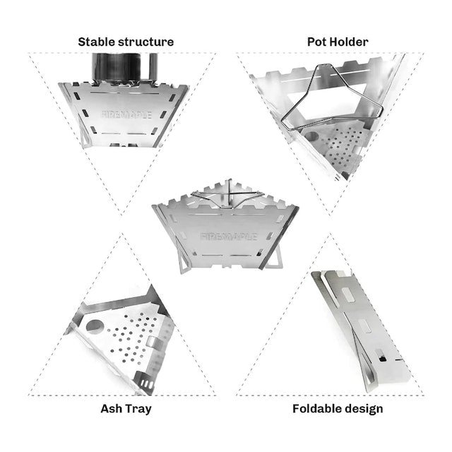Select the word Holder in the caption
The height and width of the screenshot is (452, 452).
click(349, 42)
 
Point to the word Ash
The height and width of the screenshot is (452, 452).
click(112, 409)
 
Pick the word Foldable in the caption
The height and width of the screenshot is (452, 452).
click(315, 409)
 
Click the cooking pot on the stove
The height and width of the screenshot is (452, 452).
click(125, 67)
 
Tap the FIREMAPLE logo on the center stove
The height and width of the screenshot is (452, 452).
click(229, 237)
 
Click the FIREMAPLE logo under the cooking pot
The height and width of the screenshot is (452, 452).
click(126, 114)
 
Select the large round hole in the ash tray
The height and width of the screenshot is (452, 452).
click(95, 326)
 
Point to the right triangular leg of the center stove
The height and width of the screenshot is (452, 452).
click(273, 258)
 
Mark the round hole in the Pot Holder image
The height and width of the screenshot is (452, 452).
click(311, 136)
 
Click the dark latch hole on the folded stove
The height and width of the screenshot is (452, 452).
click(383, 359)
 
